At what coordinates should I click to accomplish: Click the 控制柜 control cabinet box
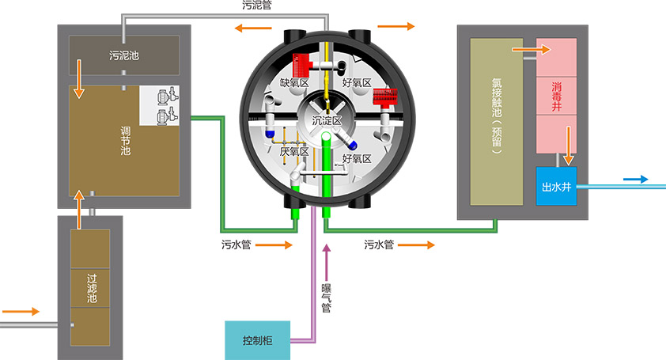(258, 341)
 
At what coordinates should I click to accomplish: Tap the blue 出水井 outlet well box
(556, 187)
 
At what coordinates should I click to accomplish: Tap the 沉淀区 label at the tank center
(326, 121)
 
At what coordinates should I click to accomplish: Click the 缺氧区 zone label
(294, 82)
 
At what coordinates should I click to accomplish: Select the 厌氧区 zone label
(294, 151)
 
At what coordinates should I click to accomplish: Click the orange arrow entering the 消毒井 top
(529, 50)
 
